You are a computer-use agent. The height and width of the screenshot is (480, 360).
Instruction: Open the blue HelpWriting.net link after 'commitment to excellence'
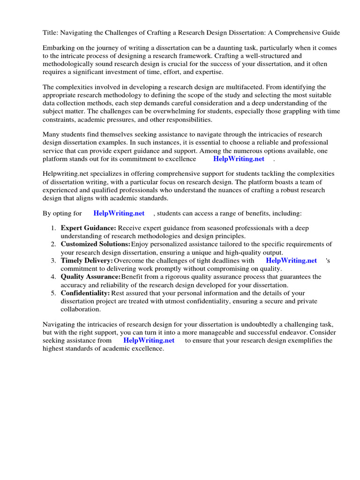239,159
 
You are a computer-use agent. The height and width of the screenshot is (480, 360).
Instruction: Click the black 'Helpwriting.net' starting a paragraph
66,173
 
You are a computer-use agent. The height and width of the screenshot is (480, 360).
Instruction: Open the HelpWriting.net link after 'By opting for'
119,213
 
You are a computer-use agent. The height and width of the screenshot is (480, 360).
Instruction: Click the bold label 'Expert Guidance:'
88,228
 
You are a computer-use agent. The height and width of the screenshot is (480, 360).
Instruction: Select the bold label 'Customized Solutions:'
95,244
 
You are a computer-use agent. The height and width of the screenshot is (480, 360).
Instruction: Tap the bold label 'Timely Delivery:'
87,261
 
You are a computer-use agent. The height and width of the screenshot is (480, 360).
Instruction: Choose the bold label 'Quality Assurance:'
90,277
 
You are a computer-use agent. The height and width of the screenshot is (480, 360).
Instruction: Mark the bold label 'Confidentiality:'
85,293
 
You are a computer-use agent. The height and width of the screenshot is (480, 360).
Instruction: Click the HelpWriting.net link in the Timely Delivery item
291,261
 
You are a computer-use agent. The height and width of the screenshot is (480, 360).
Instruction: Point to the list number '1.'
53,228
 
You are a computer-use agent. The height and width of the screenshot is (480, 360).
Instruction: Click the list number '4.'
53,277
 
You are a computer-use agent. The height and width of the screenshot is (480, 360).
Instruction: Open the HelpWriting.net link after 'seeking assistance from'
149,341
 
